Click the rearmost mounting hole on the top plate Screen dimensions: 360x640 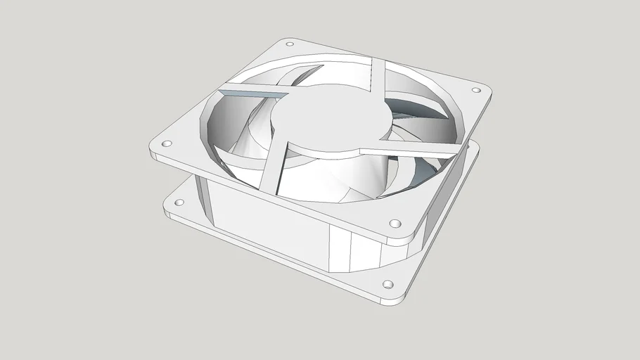tap(289, 44)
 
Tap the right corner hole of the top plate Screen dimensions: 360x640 tap(475, 91)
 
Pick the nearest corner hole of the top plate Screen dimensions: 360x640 tap(394, 225)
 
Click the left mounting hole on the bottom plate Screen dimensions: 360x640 tap(179, 202)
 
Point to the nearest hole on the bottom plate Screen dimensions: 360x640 tap(387, 285)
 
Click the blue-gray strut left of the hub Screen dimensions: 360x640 tap(253, 94)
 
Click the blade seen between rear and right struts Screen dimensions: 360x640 tap(415, 105)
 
